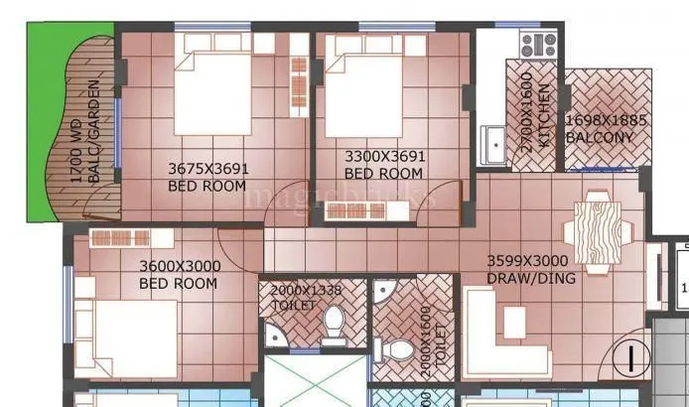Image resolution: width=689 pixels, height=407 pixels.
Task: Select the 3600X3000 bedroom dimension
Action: (180, 266)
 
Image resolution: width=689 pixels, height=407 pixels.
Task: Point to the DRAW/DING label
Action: (531, 279)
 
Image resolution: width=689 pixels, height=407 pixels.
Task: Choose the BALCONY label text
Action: (599, 137)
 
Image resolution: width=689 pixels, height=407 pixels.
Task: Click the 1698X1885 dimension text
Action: (605, 120)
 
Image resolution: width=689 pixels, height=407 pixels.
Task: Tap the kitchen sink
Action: (492, 145)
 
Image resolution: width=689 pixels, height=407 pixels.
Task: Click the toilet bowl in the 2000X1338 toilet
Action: (334, 321)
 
